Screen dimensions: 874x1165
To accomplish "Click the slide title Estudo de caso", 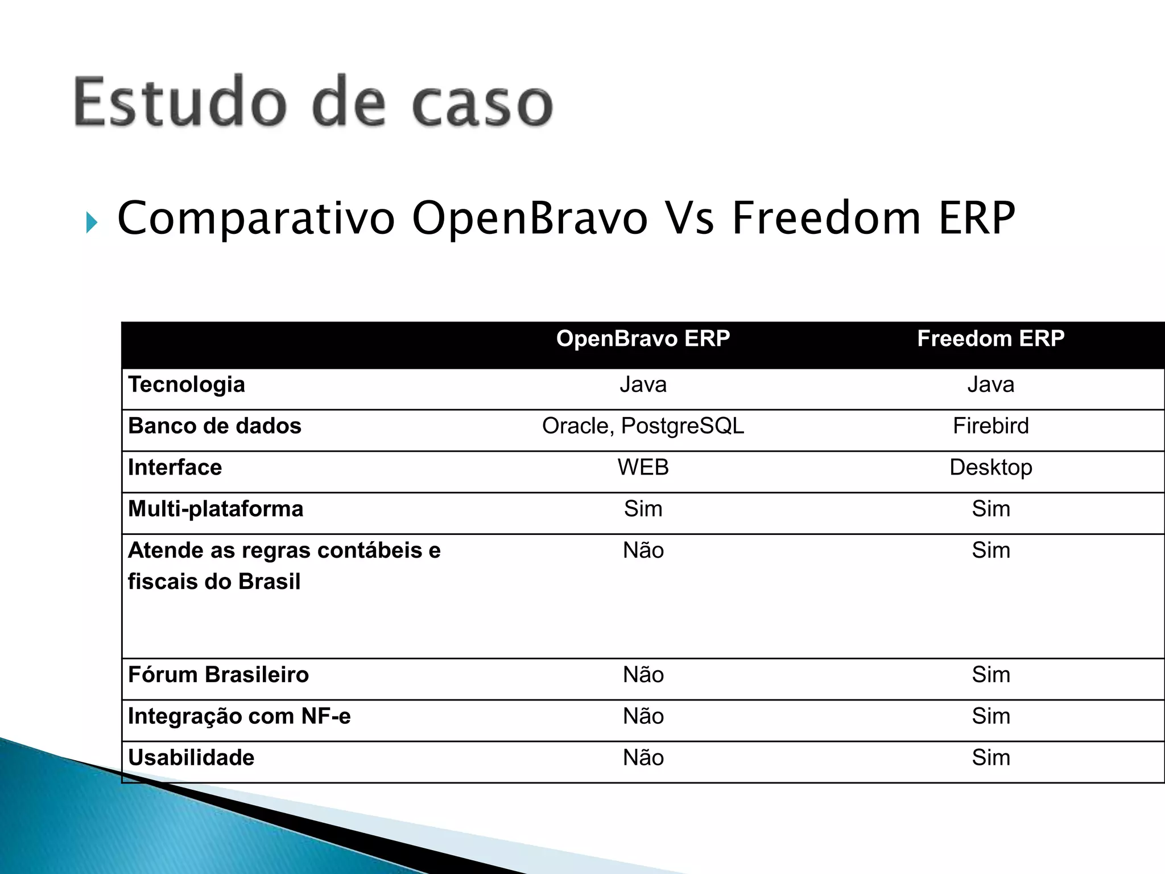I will pyautogui.click(x=313, y=103).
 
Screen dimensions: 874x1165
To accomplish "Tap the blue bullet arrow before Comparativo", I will pyautogui.click(x=92, y=222).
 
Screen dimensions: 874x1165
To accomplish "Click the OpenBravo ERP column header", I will pyautogui.click(x=643, y=339).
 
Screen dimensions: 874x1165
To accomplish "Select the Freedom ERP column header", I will pyautogui.click(x=990, y=339).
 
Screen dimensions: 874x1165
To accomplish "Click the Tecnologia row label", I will pyautogui.click(x=187, y=385).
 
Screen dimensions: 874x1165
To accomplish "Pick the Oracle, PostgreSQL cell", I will pyautogui.click(x=643, y=426).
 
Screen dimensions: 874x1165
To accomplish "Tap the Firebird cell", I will pyautogui.click(x=990, y=426).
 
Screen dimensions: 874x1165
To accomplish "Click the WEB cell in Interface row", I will pyautogui.click(x=643, y=468).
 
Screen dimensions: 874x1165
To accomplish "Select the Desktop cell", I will pyautogui.click(x=990, y=468).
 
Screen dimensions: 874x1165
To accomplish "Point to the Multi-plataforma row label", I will pyautogui.click(x=216, y=509).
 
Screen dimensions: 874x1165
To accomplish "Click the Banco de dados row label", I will pyautogui.click(x=214, y=426).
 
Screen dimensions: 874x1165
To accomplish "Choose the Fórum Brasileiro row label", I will pyautogui.click(x=218, y=675).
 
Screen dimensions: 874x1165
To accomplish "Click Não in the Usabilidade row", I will pyautogui.click(x=643, y=758).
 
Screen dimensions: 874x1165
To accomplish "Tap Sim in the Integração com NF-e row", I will pyautogui.click(x=990, y=716).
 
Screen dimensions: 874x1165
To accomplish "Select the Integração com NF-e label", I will pyautogui.click(x=239, y=716).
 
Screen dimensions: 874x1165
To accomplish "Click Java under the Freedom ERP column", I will pyautogui.click(x=990, y=385).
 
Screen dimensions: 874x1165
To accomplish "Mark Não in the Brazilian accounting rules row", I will pyautogui.click(x=643, y=551).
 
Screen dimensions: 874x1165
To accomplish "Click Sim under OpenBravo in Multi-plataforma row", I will pyautogui.click(x=643, y=509).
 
